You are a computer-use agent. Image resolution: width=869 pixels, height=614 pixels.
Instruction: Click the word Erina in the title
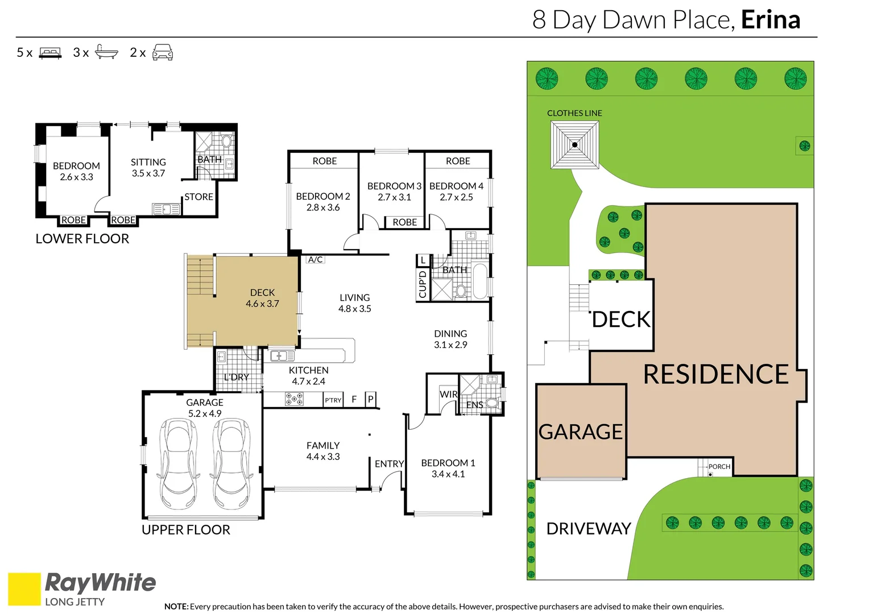(x=771, y=20)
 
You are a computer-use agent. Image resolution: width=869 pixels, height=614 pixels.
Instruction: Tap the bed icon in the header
(x=50, y=53)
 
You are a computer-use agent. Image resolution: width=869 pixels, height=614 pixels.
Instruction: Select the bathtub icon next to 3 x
(x=106, y=52)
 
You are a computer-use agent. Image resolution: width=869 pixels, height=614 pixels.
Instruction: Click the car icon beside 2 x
(x=163, y=52)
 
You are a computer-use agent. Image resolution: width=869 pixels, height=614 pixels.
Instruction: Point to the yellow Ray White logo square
(x=24, y=589)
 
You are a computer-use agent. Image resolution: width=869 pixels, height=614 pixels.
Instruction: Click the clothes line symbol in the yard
(x=574, y=145)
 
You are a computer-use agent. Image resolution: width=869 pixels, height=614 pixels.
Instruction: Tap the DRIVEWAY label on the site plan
(x=589, y=529)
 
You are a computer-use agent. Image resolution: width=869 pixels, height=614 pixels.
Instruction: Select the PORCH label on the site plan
(x=719, y=467)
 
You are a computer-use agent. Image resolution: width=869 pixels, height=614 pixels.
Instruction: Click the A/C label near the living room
(x=315, y=259)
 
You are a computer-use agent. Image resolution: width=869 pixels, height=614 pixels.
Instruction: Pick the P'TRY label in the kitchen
(x=333, y=400)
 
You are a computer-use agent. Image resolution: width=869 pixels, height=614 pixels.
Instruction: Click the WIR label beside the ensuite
(x=449, y=394)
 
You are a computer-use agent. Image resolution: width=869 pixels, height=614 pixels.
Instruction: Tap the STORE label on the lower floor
(x=198, y=197)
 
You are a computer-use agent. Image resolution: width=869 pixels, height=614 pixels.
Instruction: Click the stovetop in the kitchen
(x=294, y=399)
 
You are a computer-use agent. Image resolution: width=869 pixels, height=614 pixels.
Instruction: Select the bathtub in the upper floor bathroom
(x=480, y=281)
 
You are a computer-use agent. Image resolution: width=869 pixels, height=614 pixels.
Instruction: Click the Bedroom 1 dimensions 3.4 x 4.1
(x=448, y=474)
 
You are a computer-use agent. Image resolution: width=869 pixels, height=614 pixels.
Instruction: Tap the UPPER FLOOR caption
(x=186, y=530)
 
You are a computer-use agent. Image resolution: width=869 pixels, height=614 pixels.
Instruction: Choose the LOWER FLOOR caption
(x=82, y=239)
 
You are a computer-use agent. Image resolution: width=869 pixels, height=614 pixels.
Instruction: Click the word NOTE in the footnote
(x=176, y=606)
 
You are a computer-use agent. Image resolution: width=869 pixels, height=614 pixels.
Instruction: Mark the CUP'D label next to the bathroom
(x=423, y=284)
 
